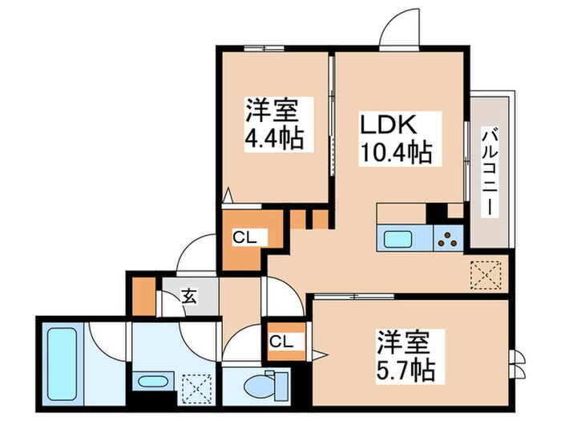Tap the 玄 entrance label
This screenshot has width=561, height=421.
click(188, 297)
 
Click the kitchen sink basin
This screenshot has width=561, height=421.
click(398, 238)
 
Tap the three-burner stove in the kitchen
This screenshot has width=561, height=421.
click(447, 237)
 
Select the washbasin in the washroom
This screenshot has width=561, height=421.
click(151, 381)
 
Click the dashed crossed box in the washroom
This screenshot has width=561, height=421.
click(195, 385)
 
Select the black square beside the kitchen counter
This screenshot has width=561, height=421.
click(436, 213)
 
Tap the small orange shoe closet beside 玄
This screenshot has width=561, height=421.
click(144, 295)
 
